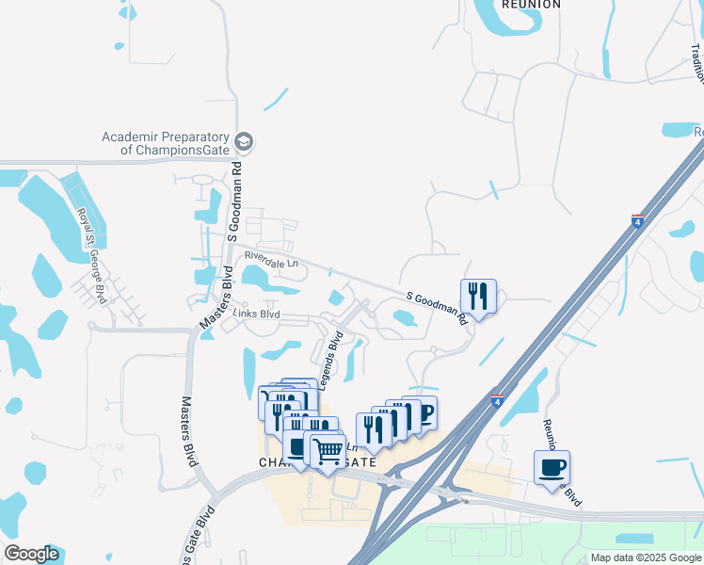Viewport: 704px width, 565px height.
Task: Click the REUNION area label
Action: (532, 5)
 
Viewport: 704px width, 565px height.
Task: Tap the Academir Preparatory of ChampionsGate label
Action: (166, 143)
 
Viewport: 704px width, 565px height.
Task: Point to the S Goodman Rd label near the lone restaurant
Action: (438, 308)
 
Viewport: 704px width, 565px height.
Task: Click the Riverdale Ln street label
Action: (270, 259)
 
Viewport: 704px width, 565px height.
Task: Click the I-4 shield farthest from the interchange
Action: (637, 221)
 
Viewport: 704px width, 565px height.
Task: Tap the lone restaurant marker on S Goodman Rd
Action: (478, 297)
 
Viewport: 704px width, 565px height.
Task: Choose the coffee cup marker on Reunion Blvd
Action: (552, 467)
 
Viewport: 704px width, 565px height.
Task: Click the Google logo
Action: (31, 554)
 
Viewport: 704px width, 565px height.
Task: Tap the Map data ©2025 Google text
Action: (645, 557)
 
